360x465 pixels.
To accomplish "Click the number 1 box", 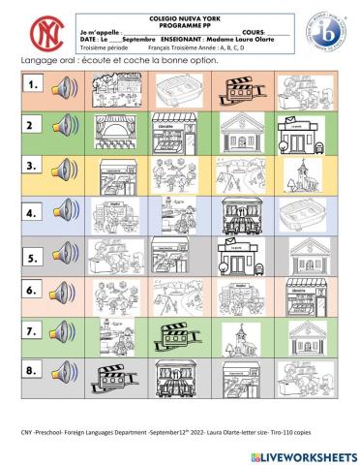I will (x=34, y=85).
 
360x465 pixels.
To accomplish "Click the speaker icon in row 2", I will (x=64, y=125).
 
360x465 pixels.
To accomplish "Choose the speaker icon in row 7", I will (x=64, y=329).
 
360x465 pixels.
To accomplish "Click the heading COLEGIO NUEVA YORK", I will (x=179, y=17).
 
